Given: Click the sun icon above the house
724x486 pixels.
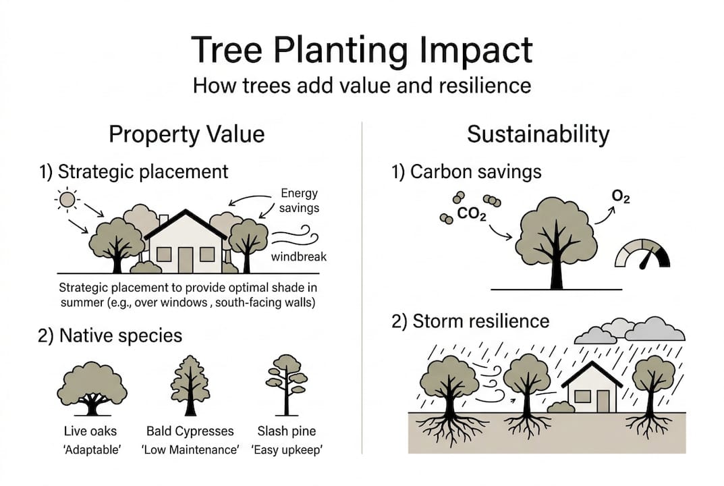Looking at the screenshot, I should point(68,200).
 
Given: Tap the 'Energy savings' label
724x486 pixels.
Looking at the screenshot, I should point(300,200).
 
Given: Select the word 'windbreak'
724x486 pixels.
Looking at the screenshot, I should point(299,257).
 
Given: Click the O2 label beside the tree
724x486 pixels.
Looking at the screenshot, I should point(621,196).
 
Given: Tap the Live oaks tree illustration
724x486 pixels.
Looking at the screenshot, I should point(92,388).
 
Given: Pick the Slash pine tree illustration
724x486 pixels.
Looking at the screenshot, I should point(287,384).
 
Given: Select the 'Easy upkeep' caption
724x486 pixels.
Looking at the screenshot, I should point(287,449).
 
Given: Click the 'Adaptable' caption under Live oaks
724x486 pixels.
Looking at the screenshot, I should point(90,449).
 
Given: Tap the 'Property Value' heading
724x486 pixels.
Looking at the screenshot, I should point(186,134).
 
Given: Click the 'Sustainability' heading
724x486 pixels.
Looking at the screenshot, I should point(538,134).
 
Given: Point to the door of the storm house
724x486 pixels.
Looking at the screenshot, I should point(602,400).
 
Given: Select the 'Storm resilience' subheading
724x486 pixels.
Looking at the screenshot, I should point(470,321).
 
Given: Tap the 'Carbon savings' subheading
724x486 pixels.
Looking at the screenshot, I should point(466,171).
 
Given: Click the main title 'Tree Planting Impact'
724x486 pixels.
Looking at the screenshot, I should point(362,50).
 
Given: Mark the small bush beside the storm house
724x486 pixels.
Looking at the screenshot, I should point(561,407).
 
